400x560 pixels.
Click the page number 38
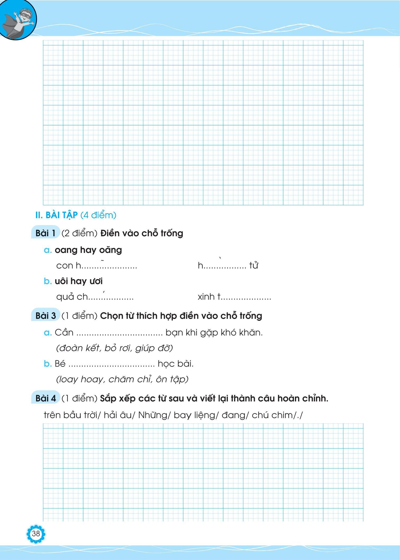tap(36, 534)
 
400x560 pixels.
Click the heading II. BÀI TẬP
tap(56, 215)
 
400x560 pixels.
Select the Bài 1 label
tap(46, 233)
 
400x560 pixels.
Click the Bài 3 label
tap(46, 316)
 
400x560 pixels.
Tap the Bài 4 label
tap(46, 398)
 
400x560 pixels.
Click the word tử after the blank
tap(253, 265)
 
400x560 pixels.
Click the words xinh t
tap(209, 297)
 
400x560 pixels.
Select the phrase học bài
tap(176, 364)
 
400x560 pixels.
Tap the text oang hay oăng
tap(88, 250)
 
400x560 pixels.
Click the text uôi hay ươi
tap(79, 281)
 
